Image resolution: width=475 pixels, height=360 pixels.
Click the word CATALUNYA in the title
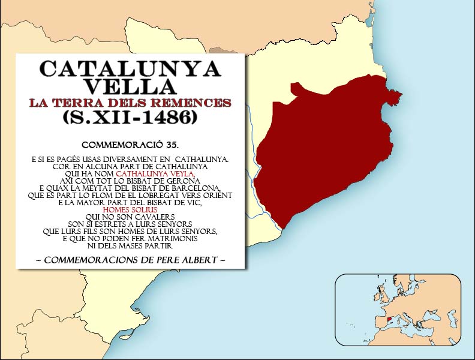point(130,69)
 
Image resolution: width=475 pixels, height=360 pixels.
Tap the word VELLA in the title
point(130,86)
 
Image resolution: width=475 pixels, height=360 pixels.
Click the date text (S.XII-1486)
point(130,118)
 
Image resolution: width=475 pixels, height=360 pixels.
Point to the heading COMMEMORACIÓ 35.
point(130,145)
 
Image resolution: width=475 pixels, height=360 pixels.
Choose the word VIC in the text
point(194,203)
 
